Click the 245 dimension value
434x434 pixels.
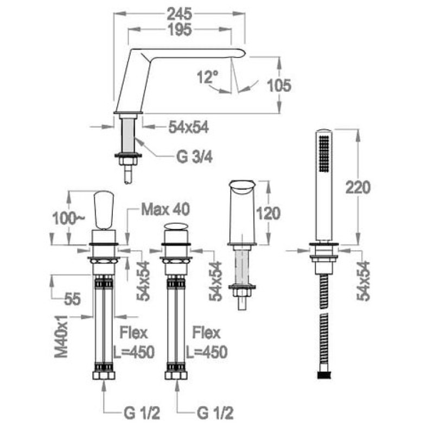[x=180, y=14]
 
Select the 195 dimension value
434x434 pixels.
[x=180, y=30]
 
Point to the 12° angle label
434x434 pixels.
[x=207, y=76]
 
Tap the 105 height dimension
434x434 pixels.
[x=279, y=86]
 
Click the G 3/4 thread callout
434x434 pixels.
[x=194, y=157]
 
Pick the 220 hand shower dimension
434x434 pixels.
[x=358, y=187]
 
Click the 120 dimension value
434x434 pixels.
[x=268, y=213]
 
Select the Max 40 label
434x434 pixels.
[x=165, y=209]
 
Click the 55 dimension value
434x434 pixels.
[x=72, y=299]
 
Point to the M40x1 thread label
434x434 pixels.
[x=61, y=336]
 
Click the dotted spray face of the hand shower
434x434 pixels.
[x=324, y=153]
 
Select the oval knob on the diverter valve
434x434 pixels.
[x=176, y=226]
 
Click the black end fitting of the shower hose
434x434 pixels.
[x=324, y=375]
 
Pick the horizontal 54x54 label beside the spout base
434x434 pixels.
[x=188, y=127]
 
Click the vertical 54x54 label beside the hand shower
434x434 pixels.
[x=363, y=280]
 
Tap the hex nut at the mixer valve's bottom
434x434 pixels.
[x=104, y=375]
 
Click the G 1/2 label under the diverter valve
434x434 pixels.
[x=215, y=413]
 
